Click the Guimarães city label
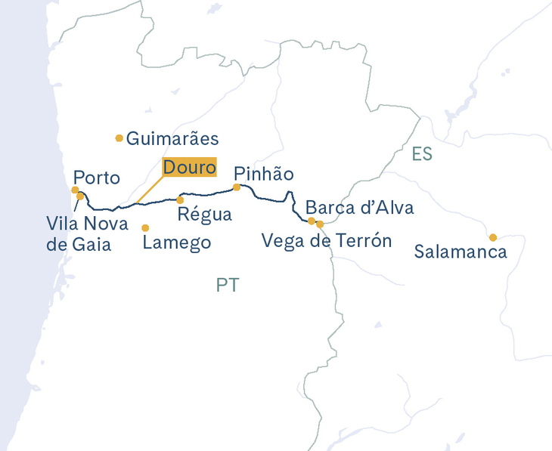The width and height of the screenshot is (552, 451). (172, 139)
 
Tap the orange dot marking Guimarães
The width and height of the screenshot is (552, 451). (119, 137)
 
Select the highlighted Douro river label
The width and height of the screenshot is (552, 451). (190, 167)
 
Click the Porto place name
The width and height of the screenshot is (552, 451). (96, 178)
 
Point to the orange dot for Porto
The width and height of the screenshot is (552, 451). (75, 190)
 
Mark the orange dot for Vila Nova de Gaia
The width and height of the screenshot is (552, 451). (80, 196)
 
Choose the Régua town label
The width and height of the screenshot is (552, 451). (204, 215)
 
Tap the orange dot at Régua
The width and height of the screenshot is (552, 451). (180, 200)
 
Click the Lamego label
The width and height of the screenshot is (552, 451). (176, 243)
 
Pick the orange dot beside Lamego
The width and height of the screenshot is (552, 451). (145, 227)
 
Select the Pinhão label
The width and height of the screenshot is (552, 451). (263, 174)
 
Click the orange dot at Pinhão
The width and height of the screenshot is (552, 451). (237, 187)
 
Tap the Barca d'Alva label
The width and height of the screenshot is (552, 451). (359, 208)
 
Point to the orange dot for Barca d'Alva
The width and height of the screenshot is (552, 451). (312, 221)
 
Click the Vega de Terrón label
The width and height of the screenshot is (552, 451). (327, 241)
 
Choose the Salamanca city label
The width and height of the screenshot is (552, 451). (461, 252)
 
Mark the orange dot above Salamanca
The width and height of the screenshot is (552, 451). (493, 237)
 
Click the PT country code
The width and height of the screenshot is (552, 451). (228, 286)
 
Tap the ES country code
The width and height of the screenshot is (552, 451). (422, 154)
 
